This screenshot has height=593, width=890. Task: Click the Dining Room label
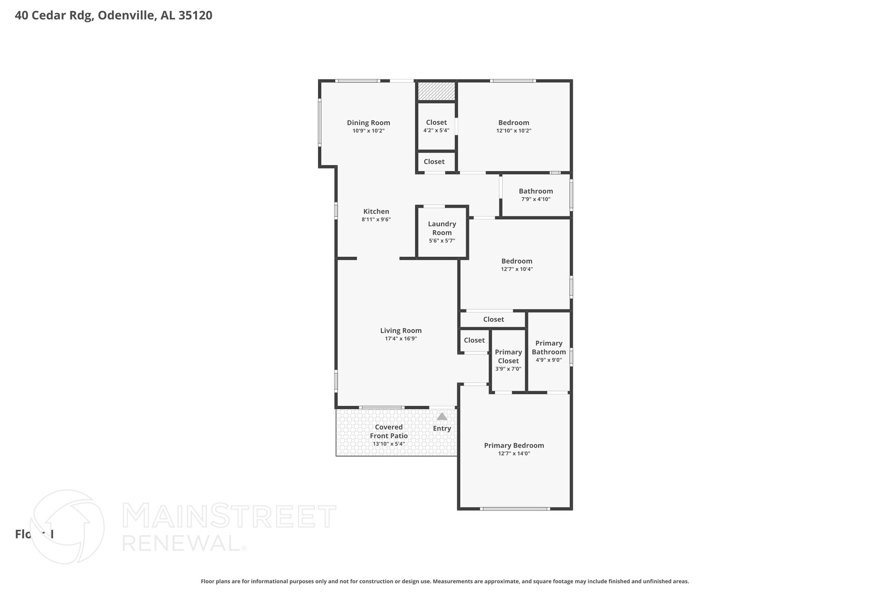(x=368, y=123)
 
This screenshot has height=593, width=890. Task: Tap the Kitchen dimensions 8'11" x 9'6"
(x=376, y=220)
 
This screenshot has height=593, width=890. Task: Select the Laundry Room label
(x=442, y=228)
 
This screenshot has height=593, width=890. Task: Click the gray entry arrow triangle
(x=442, y=417)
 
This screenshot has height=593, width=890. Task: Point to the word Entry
(x=442, y=429)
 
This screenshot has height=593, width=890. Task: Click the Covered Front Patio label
(x=389, y=431)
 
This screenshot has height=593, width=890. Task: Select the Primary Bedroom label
(x=514, y=446)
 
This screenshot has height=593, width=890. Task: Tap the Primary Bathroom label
(x=548, y=348)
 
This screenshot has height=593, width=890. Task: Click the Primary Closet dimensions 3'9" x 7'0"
(x=508, y=369)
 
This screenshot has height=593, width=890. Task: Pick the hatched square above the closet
(x=436, y=91)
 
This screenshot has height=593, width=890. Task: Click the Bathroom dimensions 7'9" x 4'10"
(x=535, y=199)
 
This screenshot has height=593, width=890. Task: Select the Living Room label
(x=401, y=331)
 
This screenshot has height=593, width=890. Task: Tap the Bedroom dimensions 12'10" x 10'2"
(x=514, y=131)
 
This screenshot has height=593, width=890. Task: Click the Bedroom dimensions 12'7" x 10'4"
(x=517, y=269)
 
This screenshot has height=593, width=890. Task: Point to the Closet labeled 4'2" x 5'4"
(x=436, y=126)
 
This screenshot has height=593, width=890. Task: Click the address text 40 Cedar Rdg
(x=53, y=16)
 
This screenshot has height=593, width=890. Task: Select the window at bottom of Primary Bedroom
(x=515, y=508)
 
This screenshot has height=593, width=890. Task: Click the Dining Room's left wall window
(x=320, y=123)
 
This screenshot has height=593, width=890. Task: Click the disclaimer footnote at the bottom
(x=445, y=581)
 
